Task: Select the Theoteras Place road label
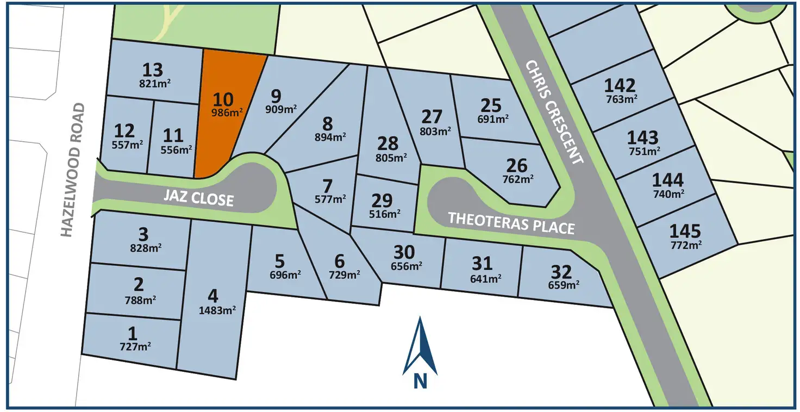click(x=511, y=222)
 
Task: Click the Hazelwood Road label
click(x=73, y=170)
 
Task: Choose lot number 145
click(x=685, y=231)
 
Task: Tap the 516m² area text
click(x=385, y=214)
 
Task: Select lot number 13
click(x=153, y=70)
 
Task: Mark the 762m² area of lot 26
click(x=516, y=178)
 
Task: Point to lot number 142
click(x=620, y=85)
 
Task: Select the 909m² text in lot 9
click(x=281, y=109)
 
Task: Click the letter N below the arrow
click(x=420, y=381)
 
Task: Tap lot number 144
click(x=668, y=179)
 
